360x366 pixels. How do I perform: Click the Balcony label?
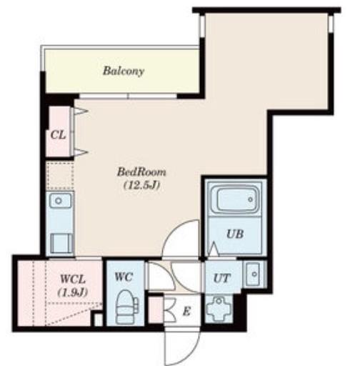pos(124,71)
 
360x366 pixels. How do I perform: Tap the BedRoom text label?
pos(141,172)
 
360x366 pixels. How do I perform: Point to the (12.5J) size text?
pos(141,185)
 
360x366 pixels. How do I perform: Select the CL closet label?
pos(58,135)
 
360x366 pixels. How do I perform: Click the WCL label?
pos(73,279)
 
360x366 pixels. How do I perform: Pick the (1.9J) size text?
pos(73,292)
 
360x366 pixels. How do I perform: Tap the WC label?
pos(124,277)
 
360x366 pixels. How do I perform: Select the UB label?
pos(235,234)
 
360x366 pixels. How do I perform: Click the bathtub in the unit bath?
pos(235,199)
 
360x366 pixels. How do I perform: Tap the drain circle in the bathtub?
pos(251,199)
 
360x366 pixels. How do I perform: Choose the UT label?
pos(222,278)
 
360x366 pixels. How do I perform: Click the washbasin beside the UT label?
pos(254,274)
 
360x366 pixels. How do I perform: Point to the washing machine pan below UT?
pos(219,309)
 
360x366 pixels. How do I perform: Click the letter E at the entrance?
pos(186,311)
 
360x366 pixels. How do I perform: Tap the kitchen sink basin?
pos(59,201)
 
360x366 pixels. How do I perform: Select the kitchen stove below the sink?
pos(61,243)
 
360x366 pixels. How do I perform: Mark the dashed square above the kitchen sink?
pos(60,176)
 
